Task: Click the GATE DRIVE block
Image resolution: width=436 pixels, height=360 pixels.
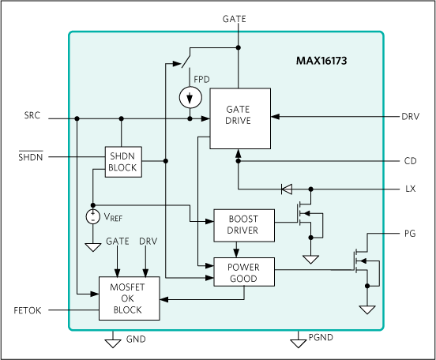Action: [x=239, y=118]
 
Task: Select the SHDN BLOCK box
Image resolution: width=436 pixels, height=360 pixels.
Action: [x=122, y=162]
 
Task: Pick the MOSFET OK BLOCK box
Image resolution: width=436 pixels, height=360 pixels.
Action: [x=129, y=298]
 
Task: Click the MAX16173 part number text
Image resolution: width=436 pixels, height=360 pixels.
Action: [x=333, y=59]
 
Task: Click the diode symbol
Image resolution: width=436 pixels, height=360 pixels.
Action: [x=286, y=189]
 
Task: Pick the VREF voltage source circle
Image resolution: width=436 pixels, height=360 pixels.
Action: [x=93, y=216]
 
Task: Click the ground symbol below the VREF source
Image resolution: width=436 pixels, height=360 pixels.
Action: [x=93, y=247]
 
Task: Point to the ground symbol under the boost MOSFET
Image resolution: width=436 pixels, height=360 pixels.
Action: [x=310, y=259]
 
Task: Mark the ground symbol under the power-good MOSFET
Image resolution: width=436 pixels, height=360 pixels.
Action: [x=366, y=309]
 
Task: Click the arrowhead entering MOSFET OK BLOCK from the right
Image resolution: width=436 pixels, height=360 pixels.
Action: [x=164, y=299]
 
